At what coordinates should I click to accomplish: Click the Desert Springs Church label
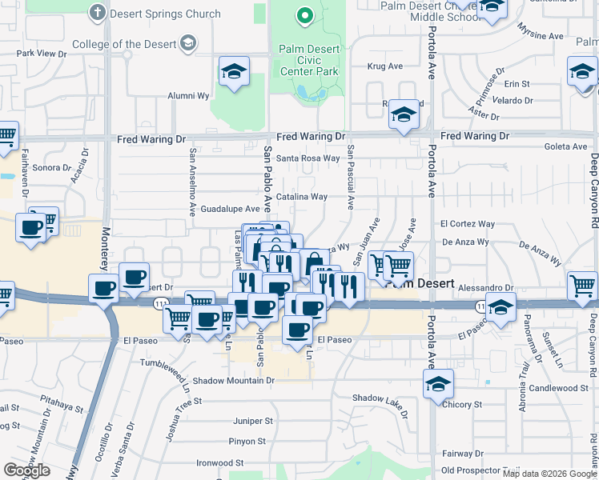165,14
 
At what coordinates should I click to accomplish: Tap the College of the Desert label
124,44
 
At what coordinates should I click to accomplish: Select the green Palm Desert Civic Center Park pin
304,15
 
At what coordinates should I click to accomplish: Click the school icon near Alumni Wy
233,73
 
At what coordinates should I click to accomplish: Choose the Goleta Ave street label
565,147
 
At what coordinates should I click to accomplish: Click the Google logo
26,470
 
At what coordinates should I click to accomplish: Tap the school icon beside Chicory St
439,383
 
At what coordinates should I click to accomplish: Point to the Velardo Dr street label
513,101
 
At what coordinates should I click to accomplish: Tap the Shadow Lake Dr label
380,397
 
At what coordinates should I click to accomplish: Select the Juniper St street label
253,420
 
